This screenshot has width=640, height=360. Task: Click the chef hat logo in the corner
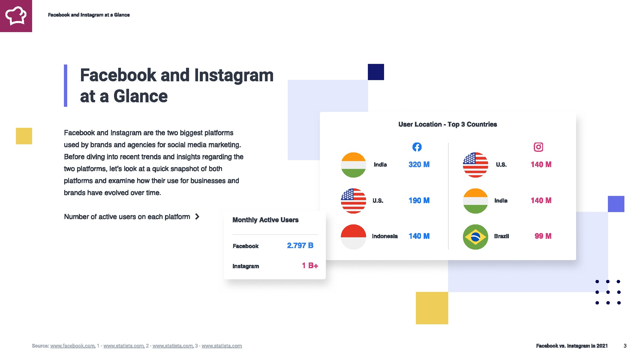16,16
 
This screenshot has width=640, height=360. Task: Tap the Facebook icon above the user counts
417,147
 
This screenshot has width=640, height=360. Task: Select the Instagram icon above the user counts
538,147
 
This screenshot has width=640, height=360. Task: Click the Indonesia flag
353,237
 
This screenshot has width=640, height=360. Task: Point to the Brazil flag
476,237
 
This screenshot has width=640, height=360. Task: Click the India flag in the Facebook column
353,165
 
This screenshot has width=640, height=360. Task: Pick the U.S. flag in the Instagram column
476,165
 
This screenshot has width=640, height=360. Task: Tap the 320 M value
419,164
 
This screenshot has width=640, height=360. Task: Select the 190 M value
419,200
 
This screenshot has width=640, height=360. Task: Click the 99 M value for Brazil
543,236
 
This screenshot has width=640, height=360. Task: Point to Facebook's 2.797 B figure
300,245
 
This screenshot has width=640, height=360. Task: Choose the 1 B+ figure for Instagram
310,265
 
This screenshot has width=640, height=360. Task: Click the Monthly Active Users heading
266,220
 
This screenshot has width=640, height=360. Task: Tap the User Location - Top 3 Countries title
448,124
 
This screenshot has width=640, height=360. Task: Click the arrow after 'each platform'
197,216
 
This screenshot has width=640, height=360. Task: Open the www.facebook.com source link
73,346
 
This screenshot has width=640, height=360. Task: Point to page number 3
625,346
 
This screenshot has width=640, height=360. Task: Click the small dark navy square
376,72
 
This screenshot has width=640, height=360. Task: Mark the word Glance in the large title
140,96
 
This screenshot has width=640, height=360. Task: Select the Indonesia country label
385,236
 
